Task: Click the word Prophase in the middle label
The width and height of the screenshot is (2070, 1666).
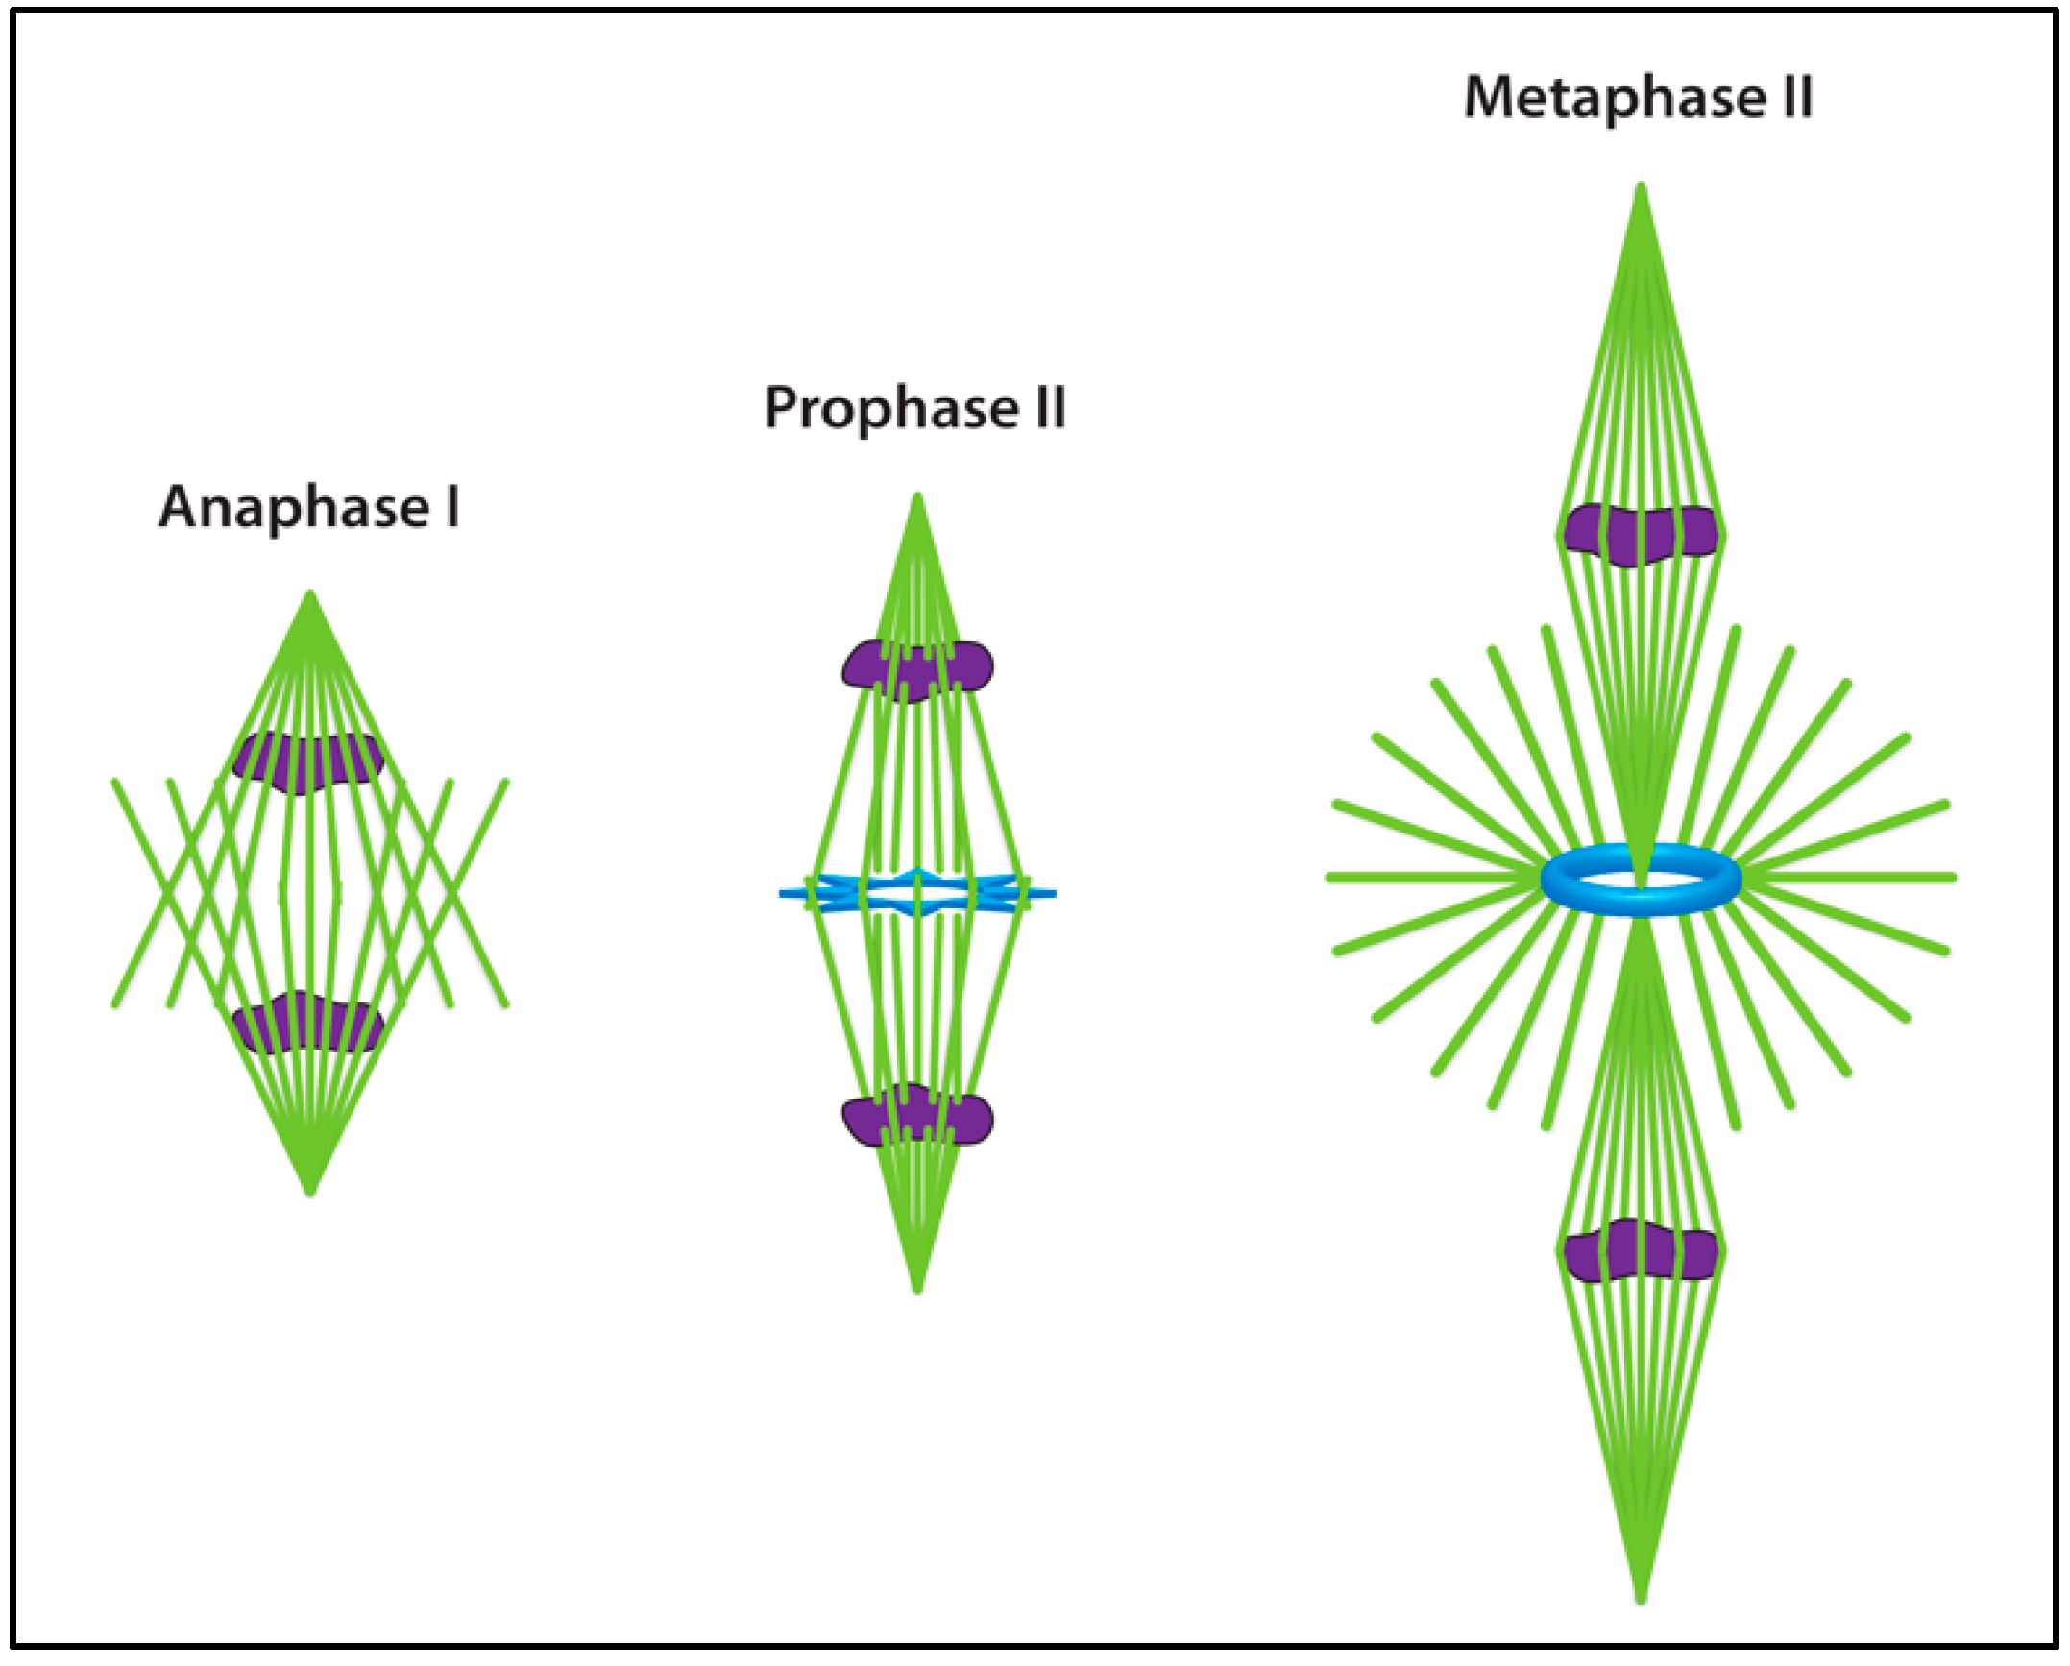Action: point(890,408)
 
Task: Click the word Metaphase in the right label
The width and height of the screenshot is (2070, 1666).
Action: point(1614,98)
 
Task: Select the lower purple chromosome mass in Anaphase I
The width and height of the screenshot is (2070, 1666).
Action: point(308,1024)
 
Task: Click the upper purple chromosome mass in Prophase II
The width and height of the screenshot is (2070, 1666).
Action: point(917,669)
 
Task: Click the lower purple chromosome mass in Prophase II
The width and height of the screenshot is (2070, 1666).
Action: point(917,1117)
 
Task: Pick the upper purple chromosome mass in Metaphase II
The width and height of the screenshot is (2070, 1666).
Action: point(1640,534)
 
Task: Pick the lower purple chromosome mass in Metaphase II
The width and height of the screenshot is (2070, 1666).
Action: point(1640,1251)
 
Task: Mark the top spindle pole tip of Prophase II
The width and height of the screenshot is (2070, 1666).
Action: point(917,500)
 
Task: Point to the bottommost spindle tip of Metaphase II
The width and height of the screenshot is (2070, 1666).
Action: point(1641,1596)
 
